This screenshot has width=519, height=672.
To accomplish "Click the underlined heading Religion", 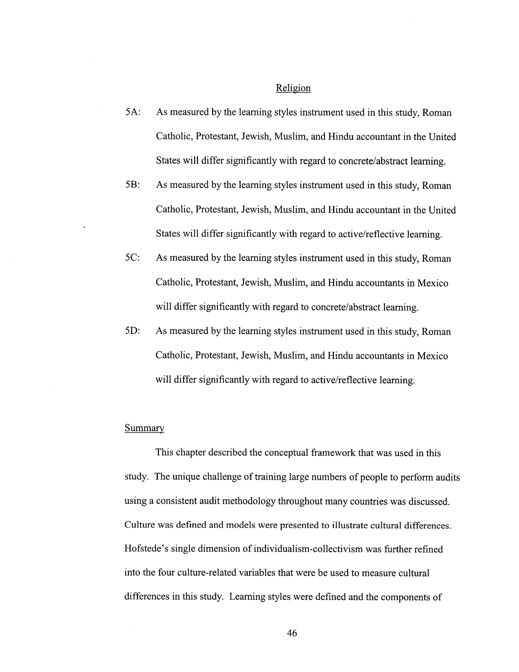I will [293, 88].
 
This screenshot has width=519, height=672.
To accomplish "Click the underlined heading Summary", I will [144, 428].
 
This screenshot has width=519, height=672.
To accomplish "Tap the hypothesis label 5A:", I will [133, 112].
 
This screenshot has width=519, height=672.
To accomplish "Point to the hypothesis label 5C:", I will [133, 258].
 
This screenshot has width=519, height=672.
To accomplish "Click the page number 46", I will [292, 633].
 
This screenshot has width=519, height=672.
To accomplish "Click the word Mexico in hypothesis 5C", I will [432, 283].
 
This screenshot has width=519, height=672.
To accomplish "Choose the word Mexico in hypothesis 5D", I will [432, 356].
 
